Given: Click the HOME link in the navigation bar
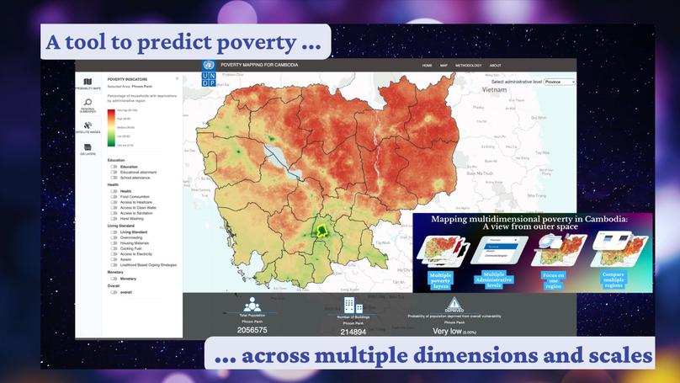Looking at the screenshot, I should point(427,66).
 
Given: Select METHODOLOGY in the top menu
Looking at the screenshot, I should point(468,66).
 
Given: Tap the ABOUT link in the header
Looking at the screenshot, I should point(495,66).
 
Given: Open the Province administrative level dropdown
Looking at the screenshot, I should point(559,82).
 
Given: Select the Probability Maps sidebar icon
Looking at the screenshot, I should point(88,83).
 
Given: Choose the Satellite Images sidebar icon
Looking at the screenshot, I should point(88,126).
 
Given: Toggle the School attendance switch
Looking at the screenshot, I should point(114,178).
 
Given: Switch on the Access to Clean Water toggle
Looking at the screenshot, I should point(114,207).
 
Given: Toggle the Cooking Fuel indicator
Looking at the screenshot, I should point(114,247).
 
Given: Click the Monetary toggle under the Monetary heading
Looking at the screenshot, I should point(114,279).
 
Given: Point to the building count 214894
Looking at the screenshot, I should point(353,332).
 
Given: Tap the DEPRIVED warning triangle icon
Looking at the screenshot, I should point(454,303).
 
